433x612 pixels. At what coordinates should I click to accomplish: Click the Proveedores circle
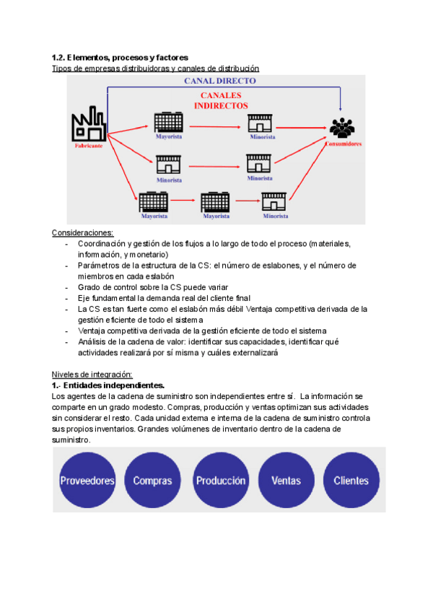click(87, 480)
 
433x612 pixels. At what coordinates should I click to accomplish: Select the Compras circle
click(152, 480)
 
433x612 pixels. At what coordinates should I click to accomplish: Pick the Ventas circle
click(286, 480)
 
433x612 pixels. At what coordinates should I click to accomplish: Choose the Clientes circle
click(351, 480)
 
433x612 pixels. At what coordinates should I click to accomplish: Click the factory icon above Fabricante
click(88, 126)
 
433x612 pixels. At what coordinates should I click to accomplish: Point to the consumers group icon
click(342, 128)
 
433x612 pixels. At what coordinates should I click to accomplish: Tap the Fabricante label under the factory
click(88, 145)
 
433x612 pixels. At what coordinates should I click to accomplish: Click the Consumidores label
click(343, 144)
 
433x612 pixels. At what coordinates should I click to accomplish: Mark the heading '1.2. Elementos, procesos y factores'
click(120, 57)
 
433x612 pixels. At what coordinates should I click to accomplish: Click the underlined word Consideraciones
click(83, 232)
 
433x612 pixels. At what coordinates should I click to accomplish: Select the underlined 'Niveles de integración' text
click(92, 374)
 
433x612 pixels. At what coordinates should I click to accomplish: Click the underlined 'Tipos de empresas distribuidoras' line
click(155, 68)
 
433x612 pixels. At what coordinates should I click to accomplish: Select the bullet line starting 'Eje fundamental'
click(158, 298)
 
